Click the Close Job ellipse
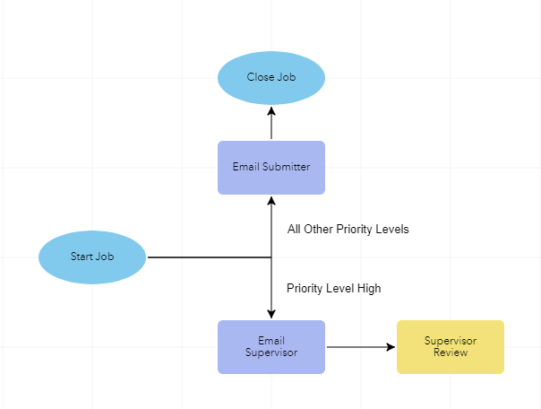pos(271,77)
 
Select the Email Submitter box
pos(271,167)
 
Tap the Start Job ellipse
pos(92,257)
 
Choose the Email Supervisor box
pos(271,346)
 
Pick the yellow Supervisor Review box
pos(451,346)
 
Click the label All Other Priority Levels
pos(348,230)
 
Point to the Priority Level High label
pos(334,289)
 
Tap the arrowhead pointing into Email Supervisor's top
pos(271,314)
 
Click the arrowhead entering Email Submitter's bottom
pos(271,200)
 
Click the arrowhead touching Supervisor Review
pos(391,347)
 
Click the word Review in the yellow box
pos(451,352)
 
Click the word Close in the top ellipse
pos(260,77)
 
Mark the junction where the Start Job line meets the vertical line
pos(271,257)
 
